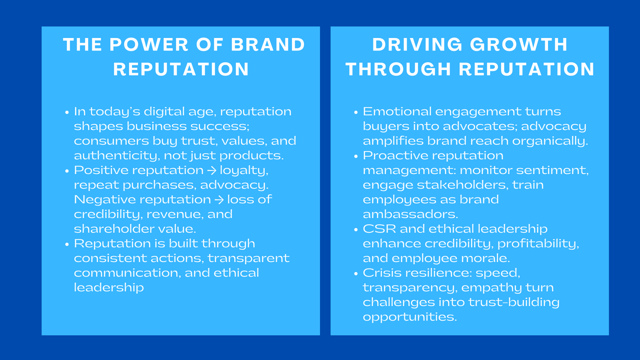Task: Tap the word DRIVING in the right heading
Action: coord(416,45)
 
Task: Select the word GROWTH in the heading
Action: coord(519,45)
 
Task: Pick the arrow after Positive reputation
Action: coord(212,170)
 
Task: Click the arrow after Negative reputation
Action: coord(219,200)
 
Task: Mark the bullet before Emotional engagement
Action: coord(356,112)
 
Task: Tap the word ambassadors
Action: coord(410,214)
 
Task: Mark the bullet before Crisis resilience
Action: coord(356,274)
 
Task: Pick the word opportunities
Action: coord(410,317)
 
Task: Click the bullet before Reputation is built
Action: coord(67,244)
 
